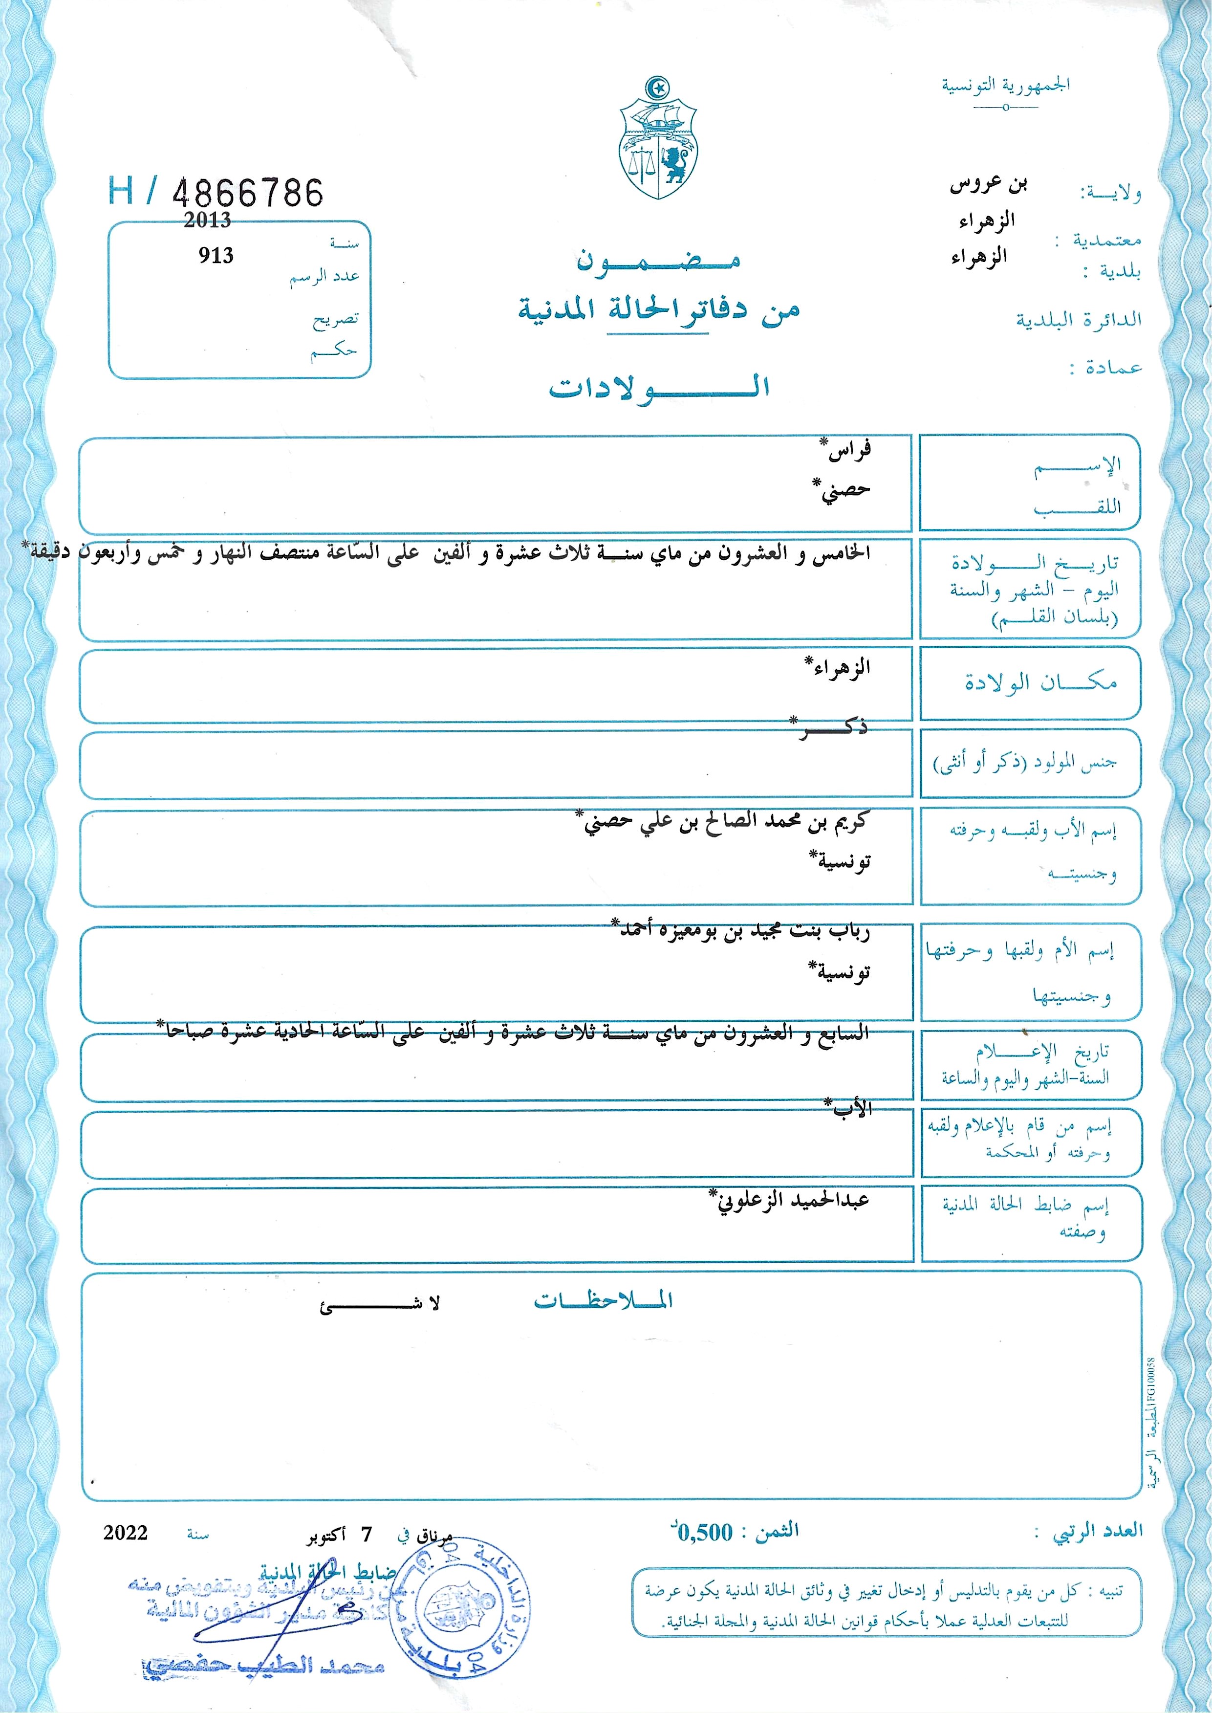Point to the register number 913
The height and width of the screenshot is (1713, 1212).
pos(216,256)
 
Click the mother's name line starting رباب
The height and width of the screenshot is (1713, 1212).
pos(744,931)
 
